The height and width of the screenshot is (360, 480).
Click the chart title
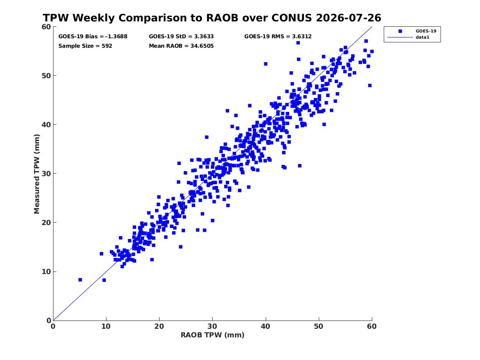pos(212,18)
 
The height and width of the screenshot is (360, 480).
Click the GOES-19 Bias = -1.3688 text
pos(93,37)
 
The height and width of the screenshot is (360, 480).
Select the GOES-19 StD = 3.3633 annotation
pos(181,37)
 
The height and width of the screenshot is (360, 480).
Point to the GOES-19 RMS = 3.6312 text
pos(278,37)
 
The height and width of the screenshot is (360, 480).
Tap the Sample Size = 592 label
pos(85,46)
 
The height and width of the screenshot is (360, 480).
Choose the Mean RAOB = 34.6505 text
pos(181,46)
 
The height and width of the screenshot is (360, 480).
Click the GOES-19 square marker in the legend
pos(400,31)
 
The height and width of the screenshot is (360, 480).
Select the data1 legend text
pos(422,37)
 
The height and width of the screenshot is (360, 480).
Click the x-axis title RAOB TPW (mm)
pos(213,335)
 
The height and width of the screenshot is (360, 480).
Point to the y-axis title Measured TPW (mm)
pos(37,174)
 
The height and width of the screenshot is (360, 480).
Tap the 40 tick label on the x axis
pos(265,326)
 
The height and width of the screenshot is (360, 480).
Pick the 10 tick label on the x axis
pos(106,326)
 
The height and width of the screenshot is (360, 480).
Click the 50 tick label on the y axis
pos(46,76)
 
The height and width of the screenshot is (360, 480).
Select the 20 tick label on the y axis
pos(46,223)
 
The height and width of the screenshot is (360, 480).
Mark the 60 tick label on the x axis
pos(372,326)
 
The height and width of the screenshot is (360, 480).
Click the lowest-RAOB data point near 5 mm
pos(80,280)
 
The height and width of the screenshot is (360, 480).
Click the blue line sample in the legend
pos(400,37)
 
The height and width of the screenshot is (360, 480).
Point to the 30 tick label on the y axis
pos(46,174)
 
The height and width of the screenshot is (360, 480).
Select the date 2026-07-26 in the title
pos(348,18)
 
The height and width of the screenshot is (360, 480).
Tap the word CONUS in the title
pos(292,18)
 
